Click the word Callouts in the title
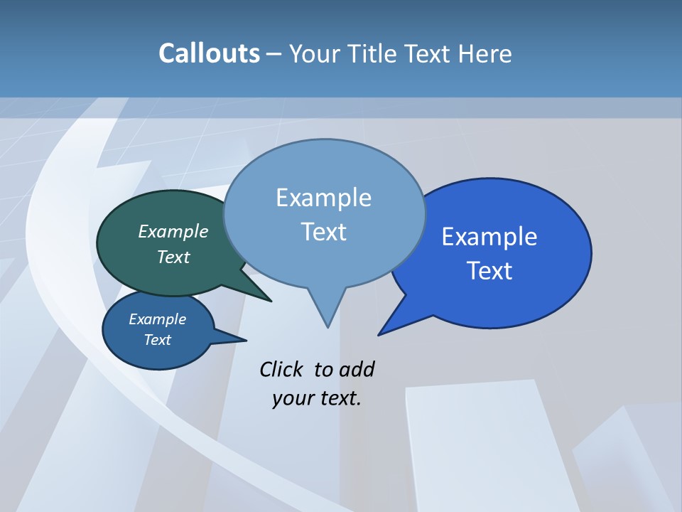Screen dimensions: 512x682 209,53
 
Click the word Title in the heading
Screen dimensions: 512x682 373,53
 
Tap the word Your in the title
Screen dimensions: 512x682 315,53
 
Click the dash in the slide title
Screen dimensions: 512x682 274,54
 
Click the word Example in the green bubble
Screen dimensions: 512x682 173,231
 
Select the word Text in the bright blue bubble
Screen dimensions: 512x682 490,271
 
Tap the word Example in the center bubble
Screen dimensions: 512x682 324,197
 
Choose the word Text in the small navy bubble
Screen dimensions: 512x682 158,340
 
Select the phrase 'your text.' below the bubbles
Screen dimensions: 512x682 317,398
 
